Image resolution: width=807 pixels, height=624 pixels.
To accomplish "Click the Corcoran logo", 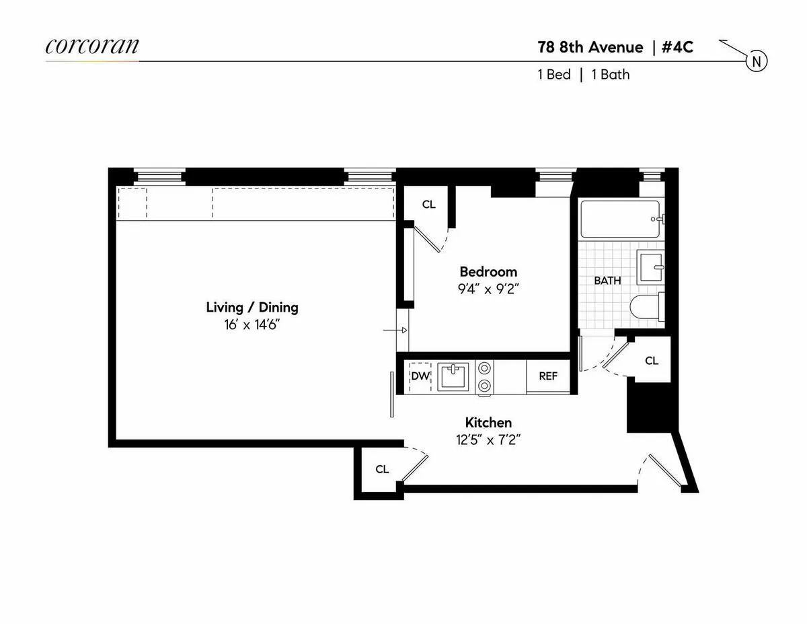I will tap(92, 46).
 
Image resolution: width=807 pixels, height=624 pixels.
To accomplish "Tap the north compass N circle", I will tap(757, 62).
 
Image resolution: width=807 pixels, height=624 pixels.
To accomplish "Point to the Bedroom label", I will tap(488, 271).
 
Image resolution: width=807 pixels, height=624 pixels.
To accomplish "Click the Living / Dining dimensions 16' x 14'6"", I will tap(252, 324).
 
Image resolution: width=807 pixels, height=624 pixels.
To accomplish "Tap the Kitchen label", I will tap(488, 423).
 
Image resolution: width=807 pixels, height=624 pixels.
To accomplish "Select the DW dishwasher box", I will tap(420, 376).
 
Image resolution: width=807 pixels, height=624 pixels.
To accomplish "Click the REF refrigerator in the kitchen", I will tap(548, 376).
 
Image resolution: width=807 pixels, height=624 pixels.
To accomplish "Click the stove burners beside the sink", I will tap(484, 376).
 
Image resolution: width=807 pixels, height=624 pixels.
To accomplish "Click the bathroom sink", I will tap(650, 267).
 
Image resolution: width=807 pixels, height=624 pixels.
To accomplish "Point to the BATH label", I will tap(607, 281).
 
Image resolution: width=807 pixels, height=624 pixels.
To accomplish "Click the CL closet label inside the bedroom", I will tap(428, 205).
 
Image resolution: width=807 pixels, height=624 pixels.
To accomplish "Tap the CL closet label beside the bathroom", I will tap(651, 361).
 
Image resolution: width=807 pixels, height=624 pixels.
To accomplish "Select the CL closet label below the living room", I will tap(382, 469).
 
